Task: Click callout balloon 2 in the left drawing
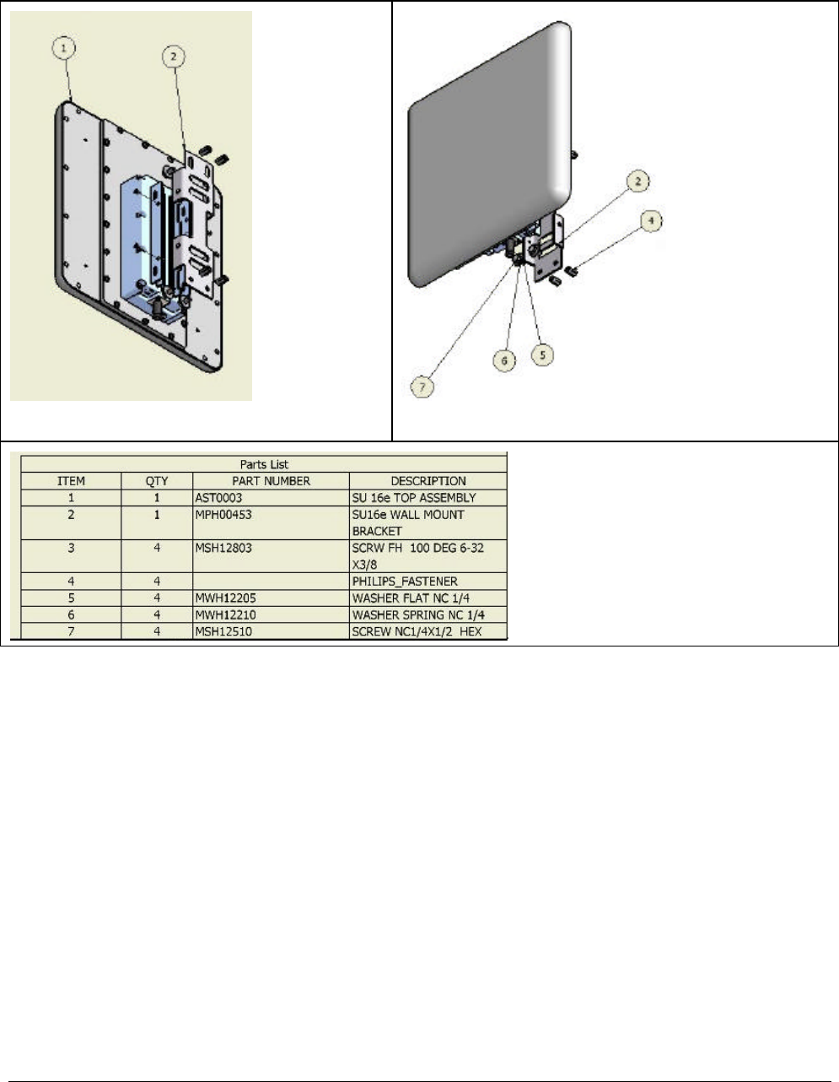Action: click(173, 57)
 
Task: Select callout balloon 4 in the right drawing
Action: click(649, 222)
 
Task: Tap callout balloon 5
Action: click(542, 354)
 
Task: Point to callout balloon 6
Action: click(504, 360)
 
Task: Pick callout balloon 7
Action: click(422, 387)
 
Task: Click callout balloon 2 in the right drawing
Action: click(639, 181)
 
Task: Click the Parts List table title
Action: click(264, 464)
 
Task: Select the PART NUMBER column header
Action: click(271, 481)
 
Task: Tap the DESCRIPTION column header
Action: click(428, 481)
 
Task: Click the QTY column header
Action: click(157, 481)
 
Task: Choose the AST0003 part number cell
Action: click(218, 498)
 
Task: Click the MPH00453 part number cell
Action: click(223, 514)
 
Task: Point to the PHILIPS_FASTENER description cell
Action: click(405, 582)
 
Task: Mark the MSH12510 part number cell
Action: click(223, 631)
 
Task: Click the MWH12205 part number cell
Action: click(225, 598)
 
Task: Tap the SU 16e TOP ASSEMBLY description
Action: click(413, 498)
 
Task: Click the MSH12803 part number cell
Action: click(223, 548)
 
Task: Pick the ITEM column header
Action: click(71, 481)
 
